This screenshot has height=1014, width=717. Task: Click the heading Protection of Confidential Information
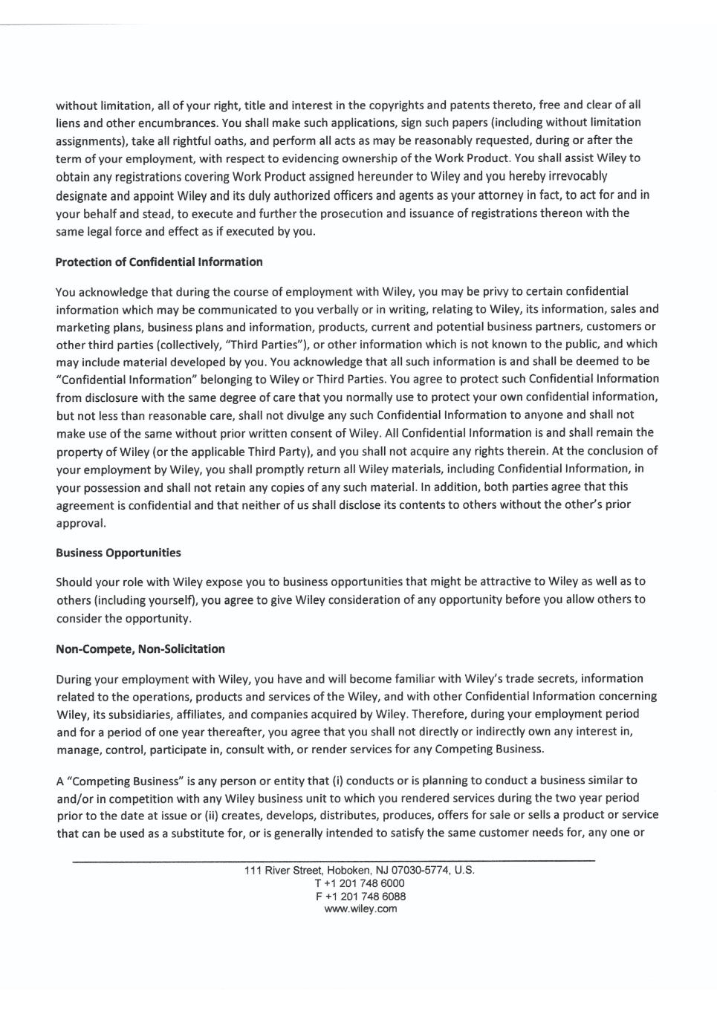tap(159, 261)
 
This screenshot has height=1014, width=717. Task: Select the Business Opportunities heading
tap(118, 553)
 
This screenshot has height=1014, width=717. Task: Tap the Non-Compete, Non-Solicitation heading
tap(140, 649)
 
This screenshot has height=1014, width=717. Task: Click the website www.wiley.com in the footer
tap(360, 909)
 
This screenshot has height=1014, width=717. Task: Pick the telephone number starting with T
tap(360, 883)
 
